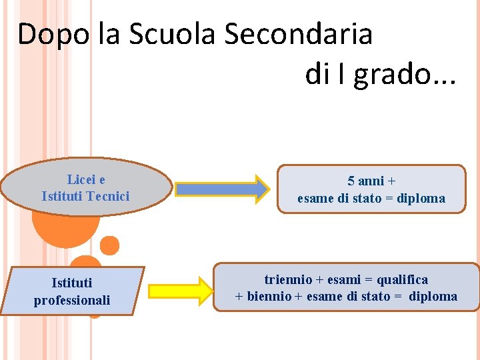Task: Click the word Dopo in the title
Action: coord(53,34)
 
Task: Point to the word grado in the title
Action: coord(391,74)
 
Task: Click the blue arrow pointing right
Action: coord(221,189)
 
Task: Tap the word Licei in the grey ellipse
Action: coord(80,179)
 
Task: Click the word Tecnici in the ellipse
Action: coord(107,196)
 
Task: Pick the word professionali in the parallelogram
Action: coord(72,300)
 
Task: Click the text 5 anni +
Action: coord(371,181)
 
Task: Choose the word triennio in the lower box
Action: coord(289,279)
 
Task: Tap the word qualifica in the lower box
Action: coord(403,279)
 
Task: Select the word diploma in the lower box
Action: coord(433,296)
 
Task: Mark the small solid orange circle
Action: coord(110,245)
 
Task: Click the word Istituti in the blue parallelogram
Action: coord(72,283)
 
